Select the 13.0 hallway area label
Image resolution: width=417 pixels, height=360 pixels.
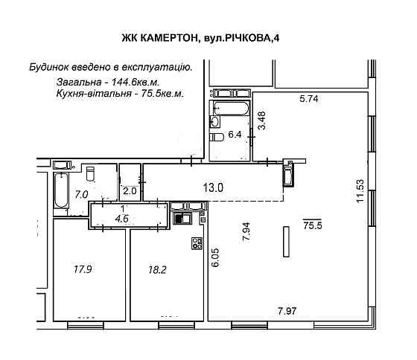click(x=214, y=188)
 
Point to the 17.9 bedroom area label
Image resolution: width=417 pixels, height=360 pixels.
click(x=81, y=269)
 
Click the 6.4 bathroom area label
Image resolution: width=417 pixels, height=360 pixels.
click(x=235, y=135)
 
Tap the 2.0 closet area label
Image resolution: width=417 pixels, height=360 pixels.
click(x=130, y=190)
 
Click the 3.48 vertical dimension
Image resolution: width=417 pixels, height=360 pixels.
click(x=261, y=120)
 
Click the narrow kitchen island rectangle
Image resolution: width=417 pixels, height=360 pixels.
click(x=285, y=242)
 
